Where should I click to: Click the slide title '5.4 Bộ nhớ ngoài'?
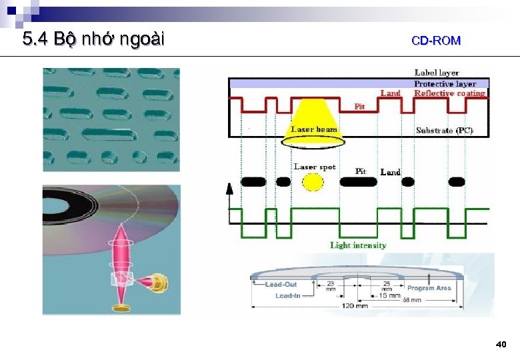point(93,40)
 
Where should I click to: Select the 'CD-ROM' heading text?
point(436,41)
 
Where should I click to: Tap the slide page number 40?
point(501,345)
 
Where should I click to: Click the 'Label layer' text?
point(437,73)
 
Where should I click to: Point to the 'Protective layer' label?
point(445,83)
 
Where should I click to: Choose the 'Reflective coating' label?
point(449,93)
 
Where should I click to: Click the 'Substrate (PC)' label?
point(444,131)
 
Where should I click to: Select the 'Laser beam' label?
point(314,129)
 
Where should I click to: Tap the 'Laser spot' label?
point(315,167)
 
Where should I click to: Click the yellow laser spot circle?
point(311,182)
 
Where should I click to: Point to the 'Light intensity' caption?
point(358,245)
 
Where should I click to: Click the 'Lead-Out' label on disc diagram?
point(281,285)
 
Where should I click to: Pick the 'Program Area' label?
point(429,289)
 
